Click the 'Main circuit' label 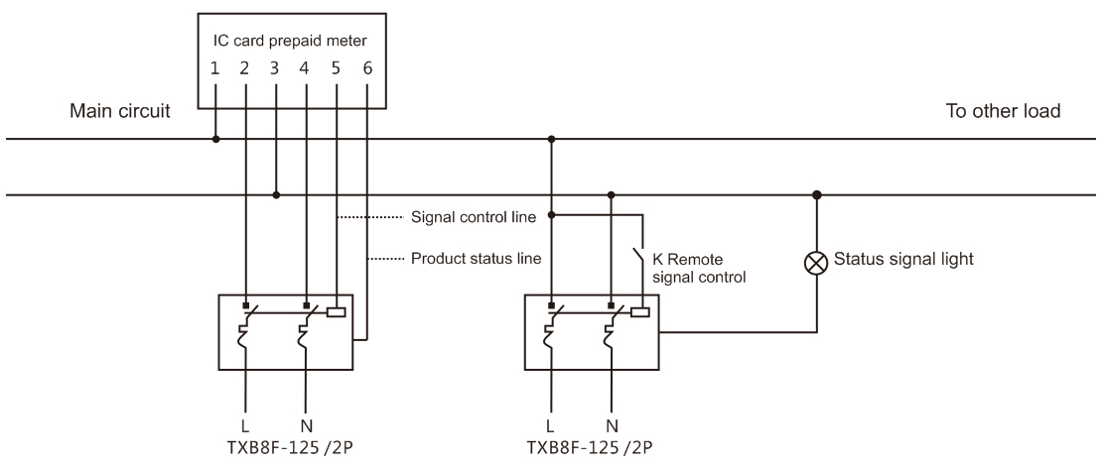118,111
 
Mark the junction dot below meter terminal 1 215,140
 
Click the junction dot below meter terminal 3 276,194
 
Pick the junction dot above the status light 817,194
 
